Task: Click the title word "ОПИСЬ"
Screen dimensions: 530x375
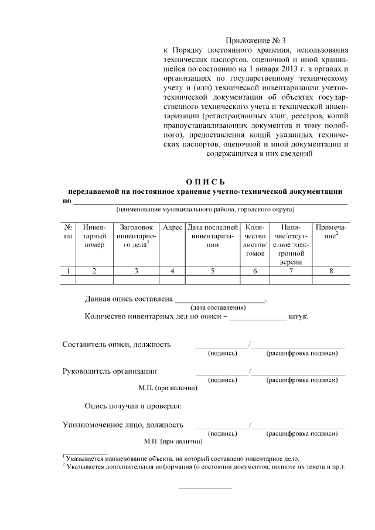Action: click(x=205, y=182)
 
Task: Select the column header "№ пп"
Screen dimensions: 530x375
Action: click(x=69, y=231)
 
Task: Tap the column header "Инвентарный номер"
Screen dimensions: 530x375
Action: click(x=94, y=236)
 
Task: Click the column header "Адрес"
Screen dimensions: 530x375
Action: click(x=172, y=227)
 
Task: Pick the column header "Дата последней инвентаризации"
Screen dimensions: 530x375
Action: click(x=213, y=236)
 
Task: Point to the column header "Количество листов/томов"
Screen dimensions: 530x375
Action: click(x=255, y=240)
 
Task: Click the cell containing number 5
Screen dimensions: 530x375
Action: click(x=213, y=271)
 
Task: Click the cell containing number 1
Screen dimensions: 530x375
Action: click(x=69, y=271)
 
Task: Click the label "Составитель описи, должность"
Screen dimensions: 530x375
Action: click(x=117, y=344)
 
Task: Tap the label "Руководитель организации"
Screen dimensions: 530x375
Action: click(x=110, y=371)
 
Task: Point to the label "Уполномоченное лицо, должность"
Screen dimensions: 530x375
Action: click(x=123, y=425)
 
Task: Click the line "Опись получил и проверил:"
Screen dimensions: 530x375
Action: click(x=133, y=405)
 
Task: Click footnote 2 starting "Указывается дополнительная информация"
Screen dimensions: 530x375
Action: click(x=205, y=467)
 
